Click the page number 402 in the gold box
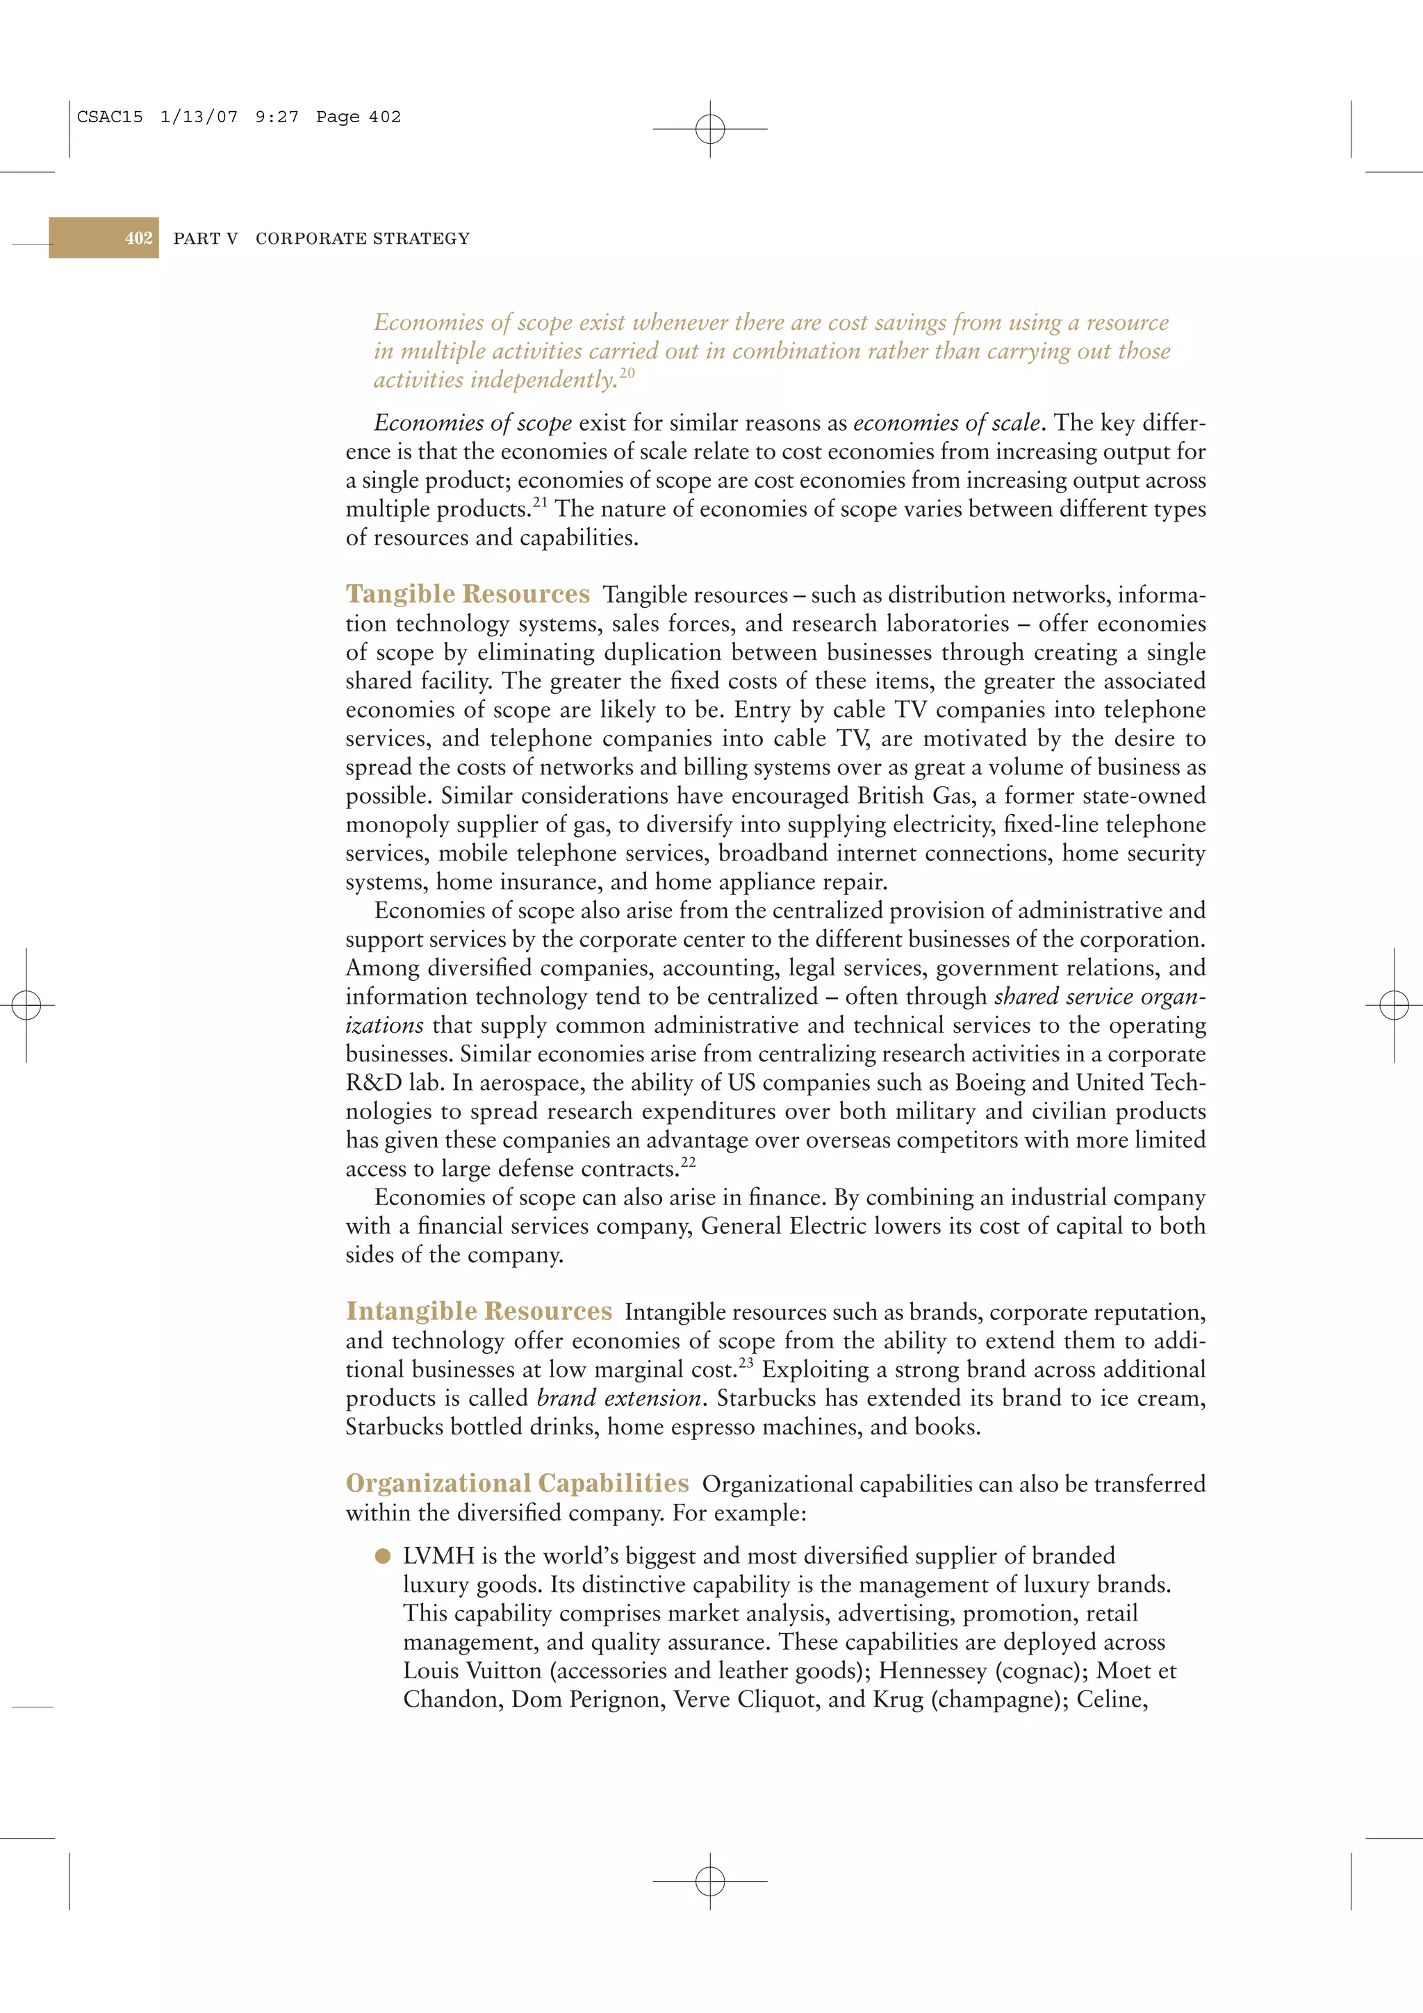[x=138, y=238]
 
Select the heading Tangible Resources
[x=468, y=595]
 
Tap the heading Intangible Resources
[x=479, y=1311]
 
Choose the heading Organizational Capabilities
[x=517, y=1484]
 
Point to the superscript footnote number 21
[x=540, y=502]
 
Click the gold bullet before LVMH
[x=382, y=1556]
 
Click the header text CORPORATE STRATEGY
[x=362, y=238]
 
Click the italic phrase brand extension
[x=619, y=1398]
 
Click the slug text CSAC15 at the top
[x=110, y=117]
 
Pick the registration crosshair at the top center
[x=710, y=129]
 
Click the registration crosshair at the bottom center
[x=710, y=1880]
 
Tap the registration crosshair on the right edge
[x=1393, y=1004]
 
